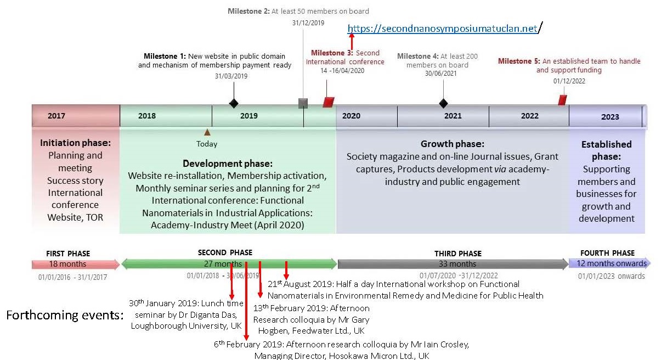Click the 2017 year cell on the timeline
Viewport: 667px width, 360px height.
coord(56,116)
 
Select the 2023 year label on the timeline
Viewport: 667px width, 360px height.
coord(609,116)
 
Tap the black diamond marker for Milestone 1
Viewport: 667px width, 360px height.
coord(234,103)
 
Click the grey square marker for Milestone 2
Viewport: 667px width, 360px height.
coord(303,103)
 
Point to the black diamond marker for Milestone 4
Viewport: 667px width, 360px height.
coord(443,103)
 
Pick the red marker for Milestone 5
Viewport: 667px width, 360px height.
coord(562,100)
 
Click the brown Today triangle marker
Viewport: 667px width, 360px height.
coord(207,132)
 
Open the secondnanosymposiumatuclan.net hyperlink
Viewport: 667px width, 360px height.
coord(442,29)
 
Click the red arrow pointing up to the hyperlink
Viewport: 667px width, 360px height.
coord(352,42)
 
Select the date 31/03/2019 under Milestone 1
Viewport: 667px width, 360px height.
coord(231,76)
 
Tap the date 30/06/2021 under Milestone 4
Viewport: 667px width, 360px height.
coord(440,74)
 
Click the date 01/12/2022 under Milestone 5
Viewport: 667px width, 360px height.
coord(569,81)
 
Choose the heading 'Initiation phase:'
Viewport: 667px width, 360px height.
coord(75,143)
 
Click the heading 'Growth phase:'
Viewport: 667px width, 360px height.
coord(453,144)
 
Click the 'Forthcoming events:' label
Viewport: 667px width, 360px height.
coord(65,315)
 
